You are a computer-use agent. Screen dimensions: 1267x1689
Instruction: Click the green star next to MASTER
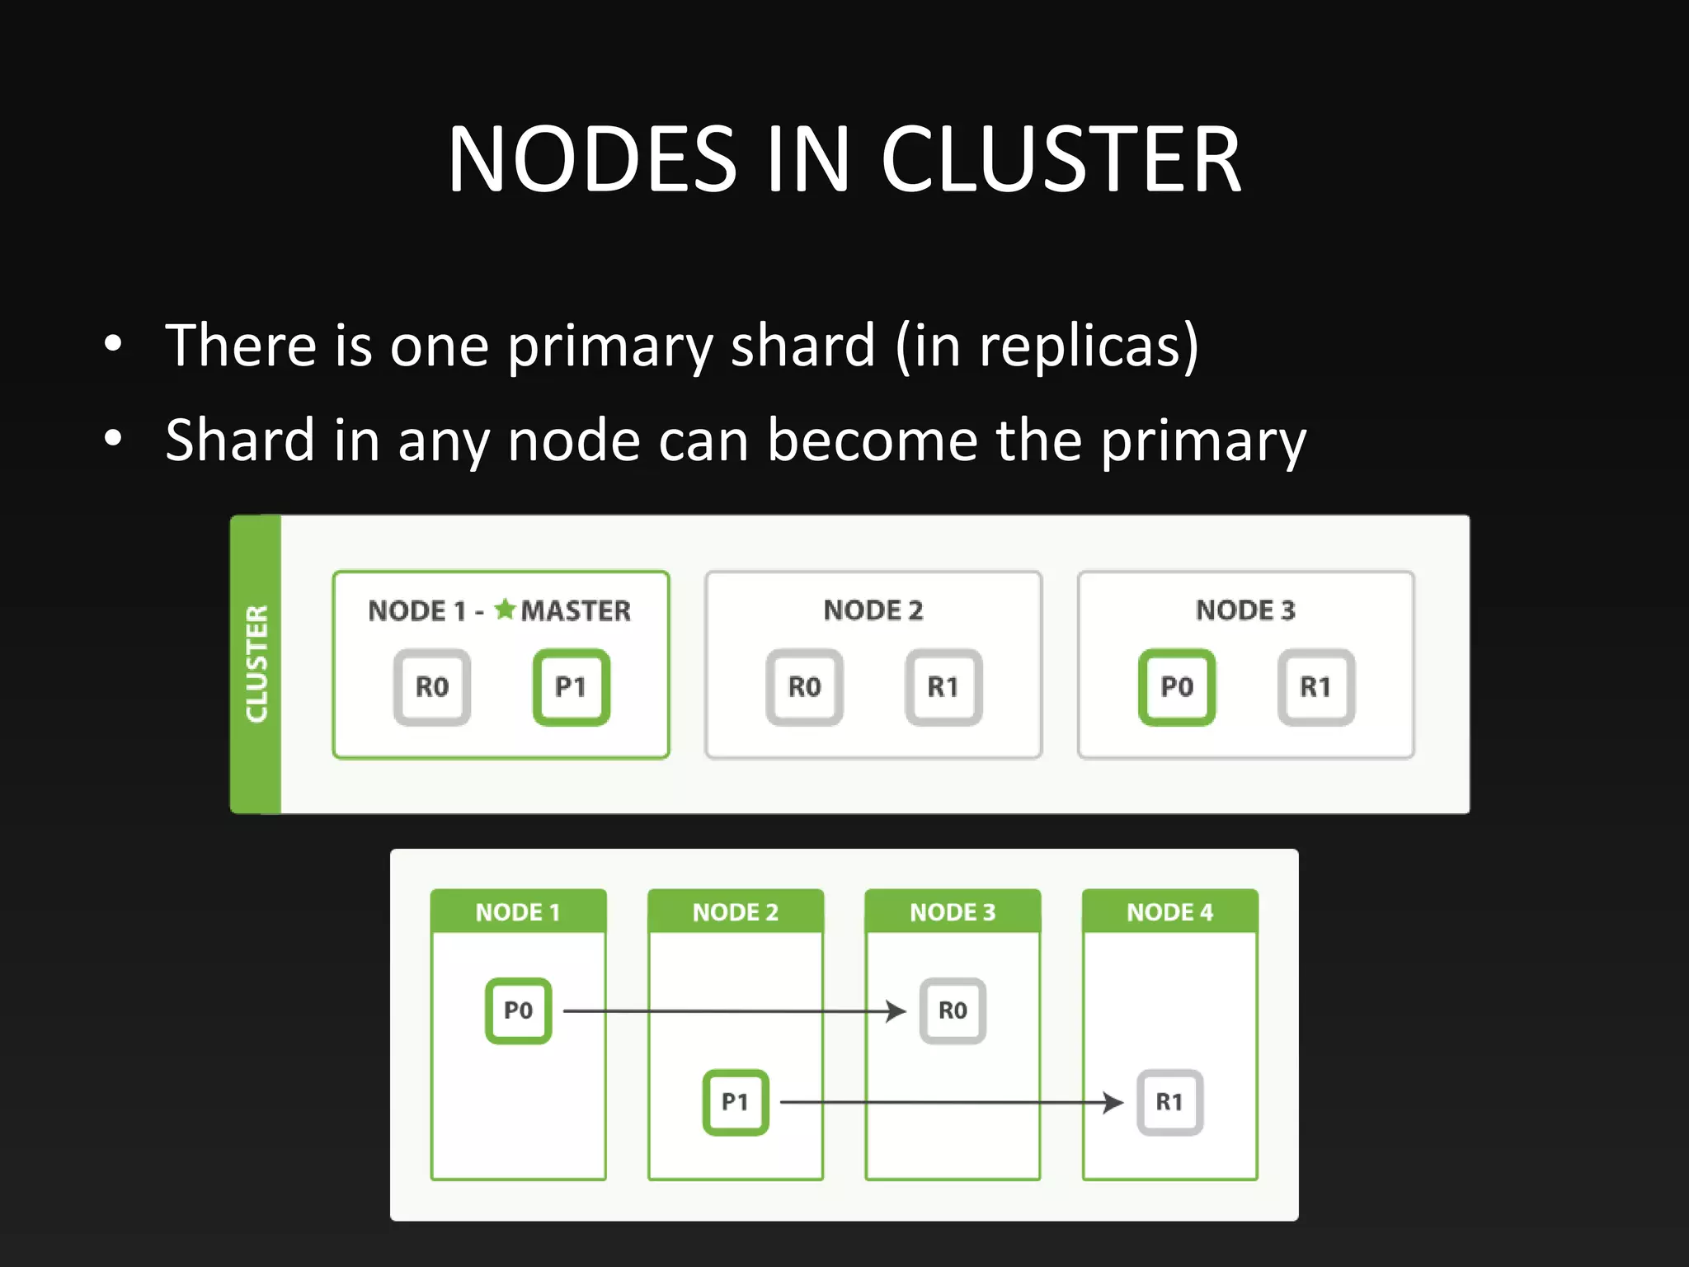tap(505, 610)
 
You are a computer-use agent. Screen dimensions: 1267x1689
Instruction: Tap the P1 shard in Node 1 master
tap(571, 687)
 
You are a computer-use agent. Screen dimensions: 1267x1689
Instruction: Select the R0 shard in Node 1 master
tap(431, 687)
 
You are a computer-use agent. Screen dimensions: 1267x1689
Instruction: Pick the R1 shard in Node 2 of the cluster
tap(943, 687)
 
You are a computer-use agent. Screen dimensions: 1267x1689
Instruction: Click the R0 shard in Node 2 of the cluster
tap(804, 687)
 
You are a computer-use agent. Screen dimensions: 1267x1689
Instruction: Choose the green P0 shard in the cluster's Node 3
tap(1177, 687)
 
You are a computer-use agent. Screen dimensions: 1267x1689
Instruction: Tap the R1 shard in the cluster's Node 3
tap(1316, 687)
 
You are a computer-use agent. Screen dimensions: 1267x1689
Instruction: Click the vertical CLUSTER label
tap(256, 664)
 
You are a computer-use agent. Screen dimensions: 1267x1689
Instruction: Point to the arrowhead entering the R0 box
tap(896, 1010)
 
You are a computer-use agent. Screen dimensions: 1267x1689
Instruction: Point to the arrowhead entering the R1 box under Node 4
tap(1114, 1102)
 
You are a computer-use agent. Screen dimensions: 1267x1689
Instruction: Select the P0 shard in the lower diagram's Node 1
tap(518, 1010)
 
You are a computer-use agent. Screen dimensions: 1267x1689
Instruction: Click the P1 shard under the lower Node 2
tap(735, 1102)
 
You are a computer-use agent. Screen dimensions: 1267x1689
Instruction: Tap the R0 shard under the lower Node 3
tap(953, 1010)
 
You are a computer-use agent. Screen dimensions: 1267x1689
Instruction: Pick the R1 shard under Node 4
tap(1169, 1102)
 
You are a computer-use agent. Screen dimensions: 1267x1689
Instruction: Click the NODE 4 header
tap(1169, 911)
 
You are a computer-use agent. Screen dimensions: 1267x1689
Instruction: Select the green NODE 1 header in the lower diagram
tap(518, 911)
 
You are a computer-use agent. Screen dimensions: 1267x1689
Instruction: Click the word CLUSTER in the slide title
tap(1061, 159)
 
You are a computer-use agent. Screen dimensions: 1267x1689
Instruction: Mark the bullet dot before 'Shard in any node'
tap(113, 438)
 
